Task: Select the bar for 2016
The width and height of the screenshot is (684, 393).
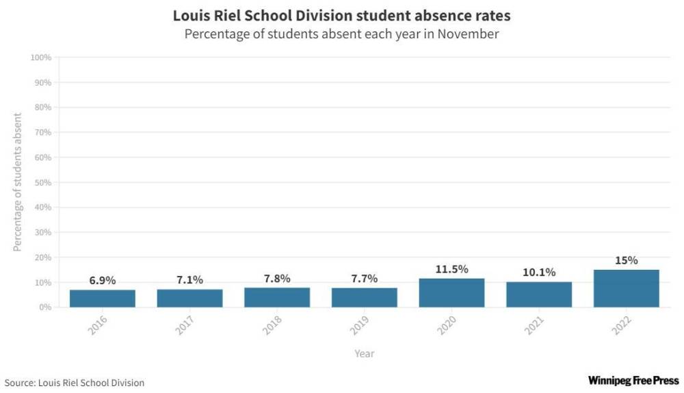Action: (102, 299)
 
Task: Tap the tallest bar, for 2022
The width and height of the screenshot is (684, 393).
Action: (626, 288)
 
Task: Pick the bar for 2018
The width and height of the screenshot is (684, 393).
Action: (277, 298)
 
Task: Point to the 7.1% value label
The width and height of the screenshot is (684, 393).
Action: (189, 280)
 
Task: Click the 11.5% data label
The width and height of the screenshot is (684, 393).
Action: (451, 269)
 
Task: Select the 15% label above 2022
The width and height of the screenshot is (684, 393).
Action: (626, 260)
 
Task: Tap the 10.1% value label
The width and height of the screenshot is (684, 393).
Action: (539, 272)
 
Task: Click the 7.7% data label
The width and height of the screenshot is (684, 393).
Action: (364, 279)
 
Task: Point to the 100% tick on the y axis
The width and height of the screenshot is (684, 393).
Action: (41, 58)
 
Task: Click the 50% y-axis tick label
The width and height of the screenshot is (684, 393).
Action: (42, 183)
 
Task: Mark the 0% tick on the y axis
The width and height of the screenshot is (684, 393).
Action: (44, 307)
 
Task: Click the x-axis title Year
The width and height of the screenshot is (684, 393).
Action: (365, 353)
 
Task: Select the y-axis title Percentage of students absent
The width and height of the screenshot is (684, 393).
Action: (18, 182)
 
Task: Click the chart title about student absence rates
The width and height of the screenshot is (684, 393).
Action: (341, 14)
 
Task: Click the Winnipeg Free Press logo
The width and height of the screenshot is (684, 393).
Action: (633, 380)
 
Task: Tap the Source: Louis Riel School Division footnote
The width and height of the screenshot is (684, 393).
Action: (75, 382)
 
